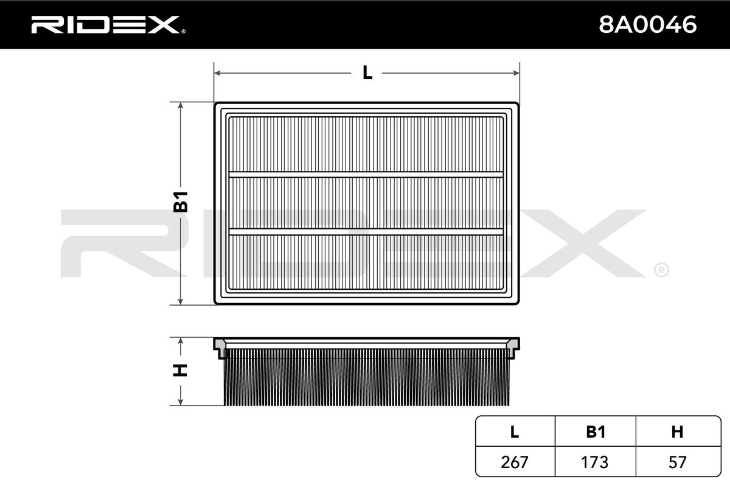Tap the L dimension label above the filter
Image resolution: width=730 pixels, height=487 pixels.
coord(367,73)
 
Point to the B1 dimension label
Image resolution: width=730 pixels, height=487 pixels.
coord(181,201)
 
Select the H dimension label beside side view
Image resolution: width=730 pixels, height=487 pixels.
coord(181,370)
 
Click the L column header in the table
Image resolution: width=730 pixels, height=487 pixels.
coord(515,432)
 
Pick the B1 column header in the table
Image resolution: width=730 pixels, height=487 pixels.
coord(595,432)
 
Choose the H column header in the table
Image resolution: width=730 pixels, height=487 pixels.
coord(677,432)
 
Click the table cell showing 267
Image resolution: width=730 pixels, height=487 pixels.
coord(515,462)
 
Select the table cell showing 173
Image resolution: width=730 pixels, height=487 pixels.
coord(595,462)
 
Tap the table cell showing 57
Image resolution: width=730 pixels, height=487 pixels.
coord(677,462)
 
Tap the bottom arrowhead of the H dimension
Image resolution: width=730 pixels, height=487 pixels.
coord(181,402)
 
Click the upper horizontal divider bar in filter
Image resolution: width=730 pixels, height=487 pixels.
coord(367,175)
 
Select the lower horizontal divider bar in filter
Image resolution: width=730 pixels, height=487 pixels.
coord(367,231)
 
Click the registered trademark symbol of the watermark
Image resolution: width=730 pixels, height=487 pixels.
coord(661,269)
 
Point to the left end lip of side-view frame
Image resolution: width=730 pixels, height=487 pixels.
coord(219,348)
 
